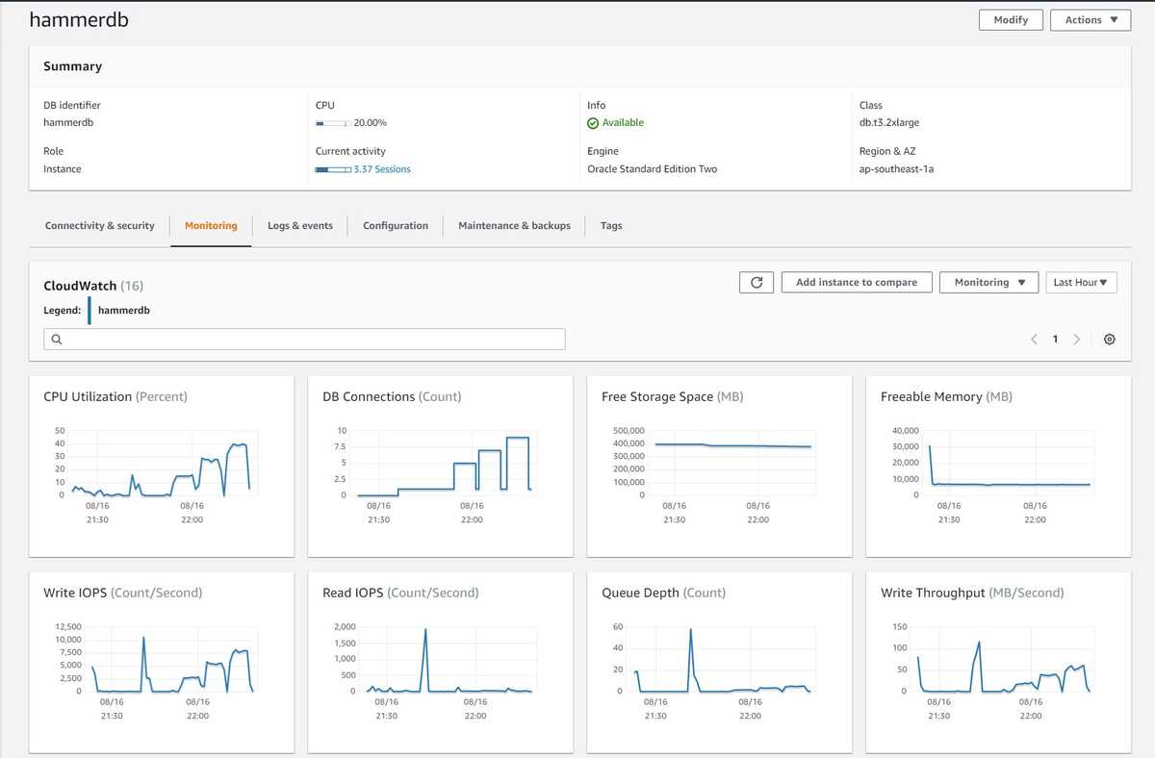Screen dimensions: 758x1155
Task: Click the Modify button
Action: click(x=1011, y=20)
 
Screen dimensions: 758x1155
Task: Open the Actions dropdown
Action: click(x=1091, y=20)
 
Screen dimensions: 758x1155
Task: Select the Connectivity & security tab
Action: click(x=99, y=226)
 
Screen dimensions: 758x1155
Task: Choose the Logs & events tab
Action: click(x=300, y=226)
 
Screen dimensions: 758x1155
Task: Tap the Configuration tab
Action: click(x=396, y=226)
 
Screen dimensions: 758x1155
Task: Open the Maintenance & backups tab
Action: click(x=514, y=226)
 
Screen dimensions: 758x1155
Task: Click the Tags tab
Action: click(x=611, y=226)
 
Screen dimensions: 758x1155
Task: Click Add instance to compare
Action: click(x=856, y=283)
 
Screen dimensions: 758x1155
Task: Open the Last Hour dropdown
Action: click(x=1081, y=283)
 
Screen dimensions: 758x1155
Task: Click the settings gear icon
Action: click(x=1110, y=340)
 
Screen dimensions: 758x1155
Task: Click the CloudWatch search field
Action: click(x=304, y=340)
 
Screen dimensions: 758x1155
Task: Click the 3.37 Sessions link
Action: click(x=381, y=169)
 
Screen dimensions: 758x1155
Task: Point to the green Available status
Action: click(x=622, y=123)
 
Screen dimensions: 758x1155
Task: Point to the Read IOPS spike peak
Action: click(x=425, y=629)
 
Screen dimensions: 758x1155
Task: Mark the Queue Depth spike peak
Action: click(x=691, y=630)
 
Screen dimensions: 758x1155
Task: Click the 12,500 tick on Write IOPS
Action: click(x=67, y=627)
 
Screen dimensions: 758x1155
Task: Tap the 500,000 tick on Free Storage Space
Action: click(x=629, y=431)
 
